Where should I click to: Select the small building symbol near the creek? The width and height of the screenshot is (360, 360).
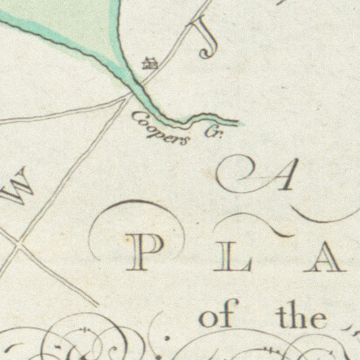point(150,64)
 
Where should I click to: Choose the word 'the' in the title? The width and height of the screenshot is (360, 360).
point(301,315)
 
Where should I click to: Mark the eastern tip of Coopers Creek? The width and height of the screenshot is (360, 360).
point(238,124)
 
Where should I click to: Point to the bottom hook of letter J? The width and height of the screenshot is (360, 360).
point(205,54)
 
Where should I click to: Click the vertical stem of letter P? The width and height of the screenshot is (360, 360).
point(137,256)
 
